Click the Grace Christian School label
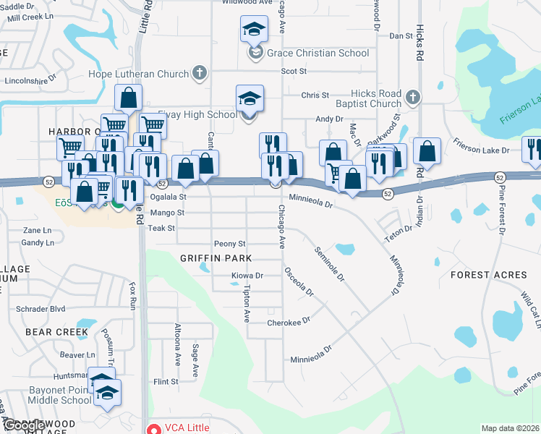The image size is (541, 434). point(318,53)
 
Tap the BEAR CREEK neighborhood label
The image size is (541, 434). point(56,332)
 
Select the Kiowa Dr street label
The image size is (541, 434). point(247,276)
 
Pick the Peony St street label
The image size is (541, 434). point(229,244)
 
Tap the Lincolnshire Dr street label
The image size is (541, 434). point(25,81)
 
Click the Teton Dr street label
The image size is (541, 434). point(398,229)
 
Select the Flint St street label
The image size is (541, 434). point(166,381)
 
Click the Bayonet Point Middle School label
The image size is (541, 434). point(46,395)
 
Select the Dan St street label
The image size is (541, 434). point(400,35)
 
